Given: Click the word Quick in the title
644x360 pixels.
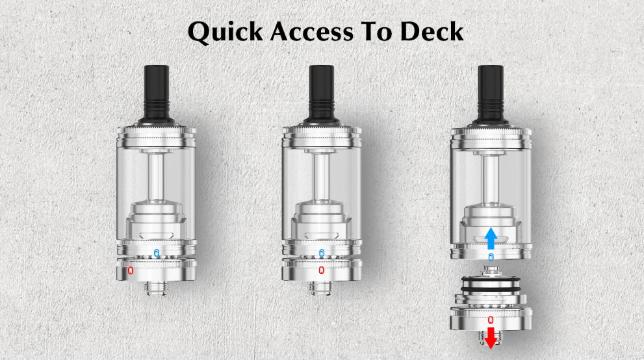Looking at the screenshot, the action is [x=225, y=32].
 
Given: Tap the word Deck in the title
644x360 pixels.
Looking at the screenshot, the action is [x=431, y=31].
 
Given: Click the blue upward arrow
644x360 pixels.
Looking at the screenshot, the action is [x=491, y=238].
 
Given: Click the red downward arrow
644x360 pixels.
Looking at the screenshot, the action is [x=491, y=338].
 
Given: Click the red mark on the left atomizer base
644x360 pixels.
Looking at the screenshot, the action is [x=131, y=270].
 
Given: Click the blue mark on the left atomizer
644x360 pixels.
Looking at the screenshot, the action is [x=157, y=253].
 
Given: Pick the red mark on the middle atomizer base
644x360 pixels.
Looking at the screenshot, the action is [x=322, y=270].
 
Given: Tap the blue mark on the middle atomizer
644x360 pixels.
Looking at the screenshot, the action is [x=322, y=253].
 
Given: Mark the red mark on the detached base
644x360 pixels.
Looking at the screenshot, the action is [x=491, y=320].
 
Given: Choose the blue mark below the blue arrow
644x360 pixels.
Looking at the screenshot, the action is [x=491, y=257].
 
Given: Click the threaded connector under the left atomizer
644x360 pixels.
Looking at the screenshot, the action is [x=156, y=288].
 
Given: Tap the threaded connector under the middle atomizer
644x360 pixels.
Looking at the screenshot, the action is [x=321, y=288].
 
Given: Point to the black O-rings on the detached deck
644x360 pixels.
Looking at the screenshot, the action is [x=491, y=285].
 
